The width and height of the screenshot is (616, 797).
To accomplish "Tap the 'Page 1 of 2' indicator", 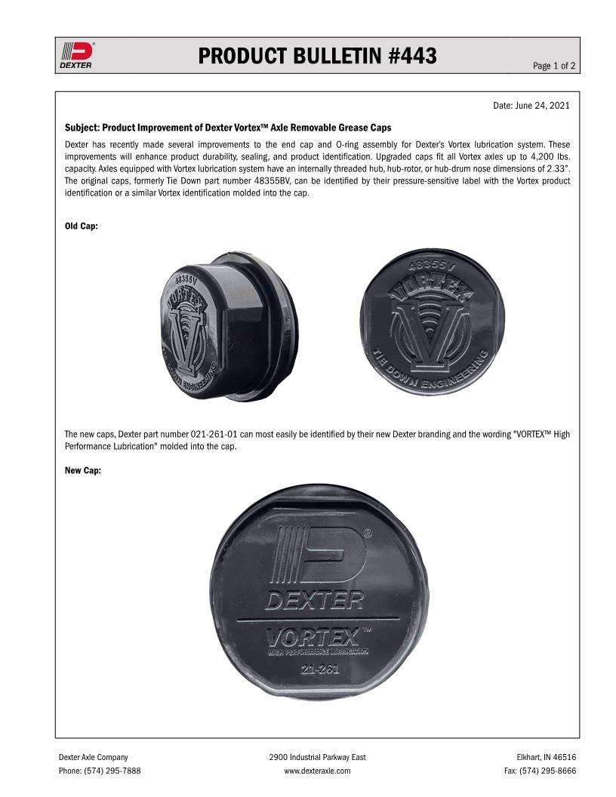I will point(554,66).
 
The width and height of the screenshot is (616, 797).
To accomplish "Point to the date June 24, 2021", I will point(531,106).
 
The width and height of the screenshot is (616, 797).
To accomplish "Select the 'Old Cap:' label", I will point(81,226).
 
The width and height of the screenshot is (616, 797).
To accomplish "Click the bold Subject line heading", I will point(228,128).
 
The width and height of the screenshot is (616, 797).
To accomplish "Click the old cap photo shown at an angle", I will point(226,326).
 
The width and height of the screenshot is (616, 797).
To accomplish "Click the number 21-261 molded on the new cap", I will point(319,669).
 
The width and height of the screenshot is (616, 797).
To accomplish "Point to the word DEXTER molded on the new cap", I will point(314,602).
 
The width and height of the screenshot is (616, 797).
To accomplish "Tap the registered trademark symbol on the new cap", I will point(367,532).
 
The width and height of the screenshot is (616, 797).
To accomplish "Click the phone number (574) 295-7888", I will point(114,771).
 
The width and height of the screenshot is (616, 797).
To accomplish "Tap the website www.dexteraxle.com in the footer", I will point(317,771).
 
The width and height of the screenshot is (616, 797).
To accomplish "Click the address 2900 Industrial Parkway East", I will point(317,757).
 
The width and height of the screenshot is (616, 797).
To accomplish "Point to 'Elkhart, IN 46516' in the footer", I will point(546,757).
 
